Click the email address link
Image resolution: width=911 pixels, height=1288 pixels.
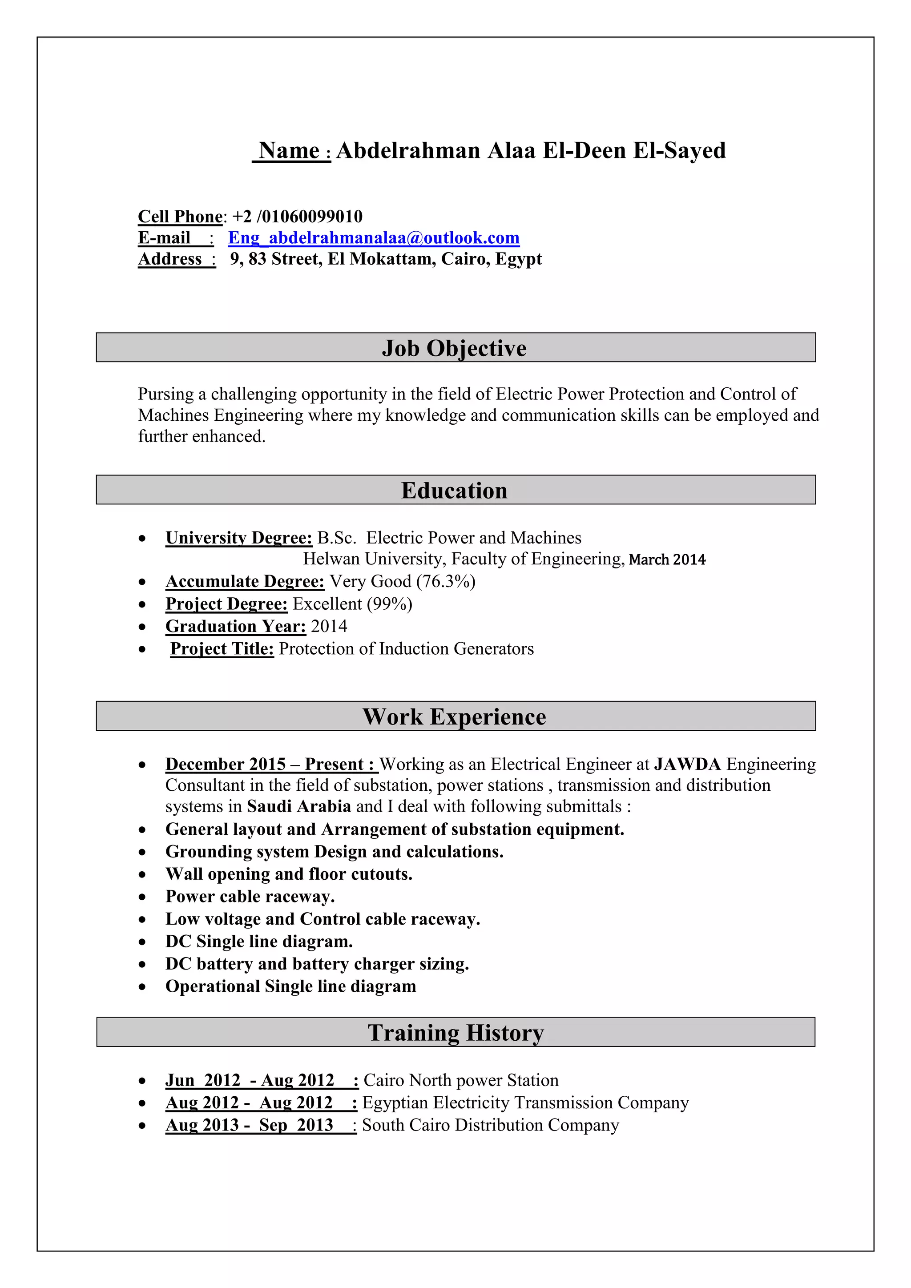coord(374,238)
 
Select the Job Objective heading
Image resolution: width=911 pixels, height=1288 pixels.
coord(454,348)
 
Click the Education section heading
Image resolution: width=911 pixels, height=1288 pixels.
coord(454,491)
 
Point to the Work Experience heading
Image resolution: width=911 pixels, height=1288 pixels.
coord(454,717)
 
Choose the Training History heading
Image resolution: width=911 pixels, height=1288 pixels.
coord(455,1033)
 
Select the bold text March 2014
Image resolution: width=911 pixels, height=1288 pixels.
coord(667,559)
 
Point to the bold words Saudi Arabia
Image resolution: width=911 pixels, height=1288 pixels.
coord(298,807)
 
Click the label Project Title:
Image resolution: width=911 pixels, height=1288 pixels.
coord(222,649)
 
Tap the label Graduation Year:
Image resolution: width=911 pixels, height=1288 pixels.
coord(236,627)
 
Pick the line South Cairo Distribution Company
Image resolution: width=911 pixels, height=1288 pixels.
coord(490,1125)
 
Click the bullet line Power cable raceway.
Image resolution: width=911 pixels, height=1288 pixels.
coord(250,897)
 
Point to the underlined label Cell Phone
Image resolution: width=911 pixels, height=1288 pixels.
coord(180,217)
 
